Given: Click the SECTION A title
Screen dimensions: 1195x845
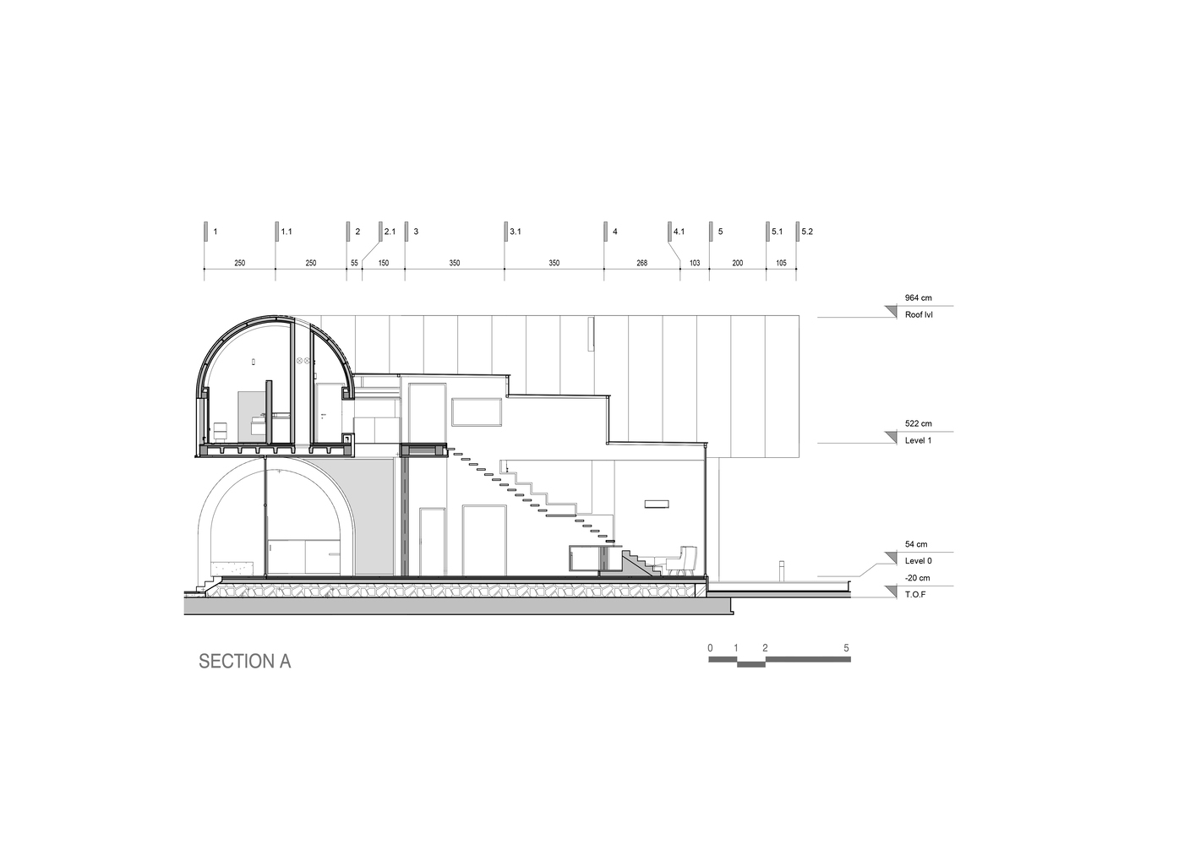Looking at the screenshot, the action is coord(245,662).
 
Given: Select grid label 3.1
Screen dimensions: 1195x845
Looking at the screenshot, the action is coord(516,232).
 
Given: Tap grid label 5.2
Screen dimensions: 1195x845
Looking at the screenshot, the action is coord(807,232).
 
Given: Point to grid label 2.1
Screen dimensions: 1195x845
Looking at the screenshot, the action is coord(390,232).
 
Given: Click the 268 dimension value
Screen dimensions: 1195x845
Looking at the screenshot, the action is coord(641,263).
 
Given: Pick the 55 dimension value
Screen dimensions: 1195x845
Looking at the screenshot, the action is coord(354,263).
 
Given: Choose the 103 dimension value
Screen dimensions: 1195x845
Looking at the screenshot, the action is coord(695,263).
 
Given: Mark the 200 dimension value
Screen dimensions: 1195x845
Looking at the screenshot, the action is coord(737,263).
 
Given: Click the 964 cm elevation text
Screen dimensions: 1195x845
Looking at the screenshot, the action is coord(918,297).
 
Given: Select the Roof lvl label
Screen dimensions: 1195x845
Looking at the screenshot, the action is coord(919,314).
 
